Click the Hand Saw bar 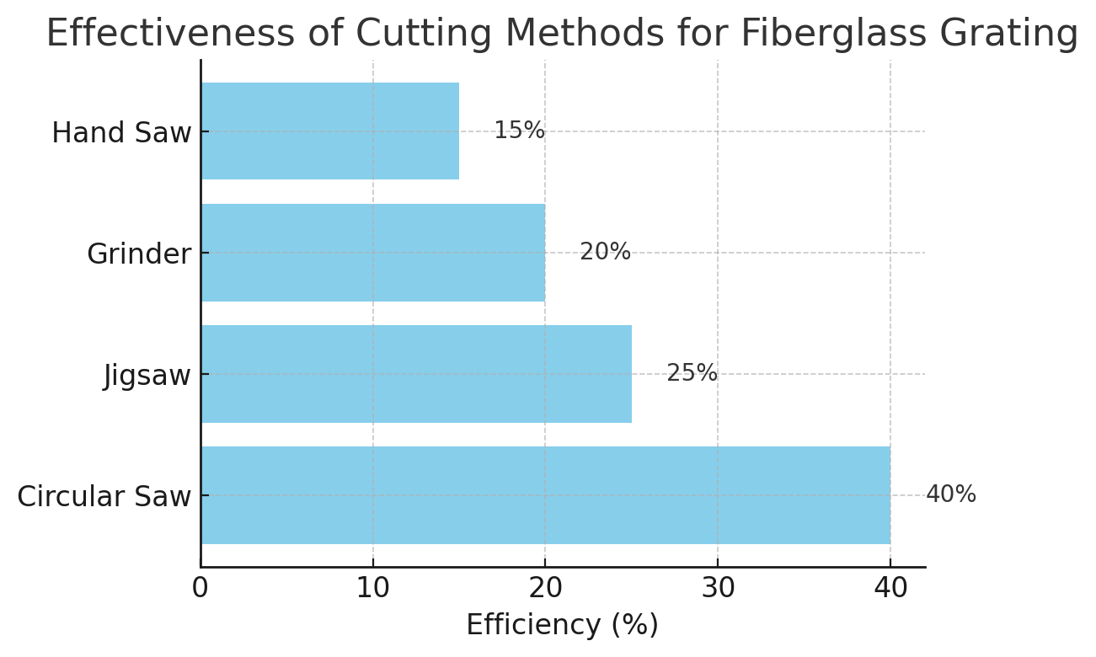(x=329, y=131)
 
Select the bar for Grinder (x=372, y=252)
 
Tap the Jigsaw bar (x=415, y=373)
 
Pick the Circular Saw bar (x=545, y=494)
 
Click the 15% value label (x=519, y=131)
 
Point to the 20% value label (x=605, y=252)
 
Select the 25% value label (x=692, y=373)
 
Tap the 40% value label (x=950, y=494)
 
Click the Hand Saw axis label (x=121, y=133)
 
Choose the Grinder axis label (x=139, y=254)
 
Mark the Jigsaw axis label (x=147, y=376)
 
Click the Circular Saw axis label (x=104, y=497)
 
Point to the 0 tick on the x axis (x=200, y=588)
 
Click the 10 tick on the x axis (x=372, y=588)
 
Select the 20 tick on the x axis (x=545, y=588)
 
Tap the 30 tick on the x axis (x=718, y=588)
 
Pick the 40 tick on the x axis (x=890, y=588)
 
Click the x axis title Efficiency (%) (x=562, y=625)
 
